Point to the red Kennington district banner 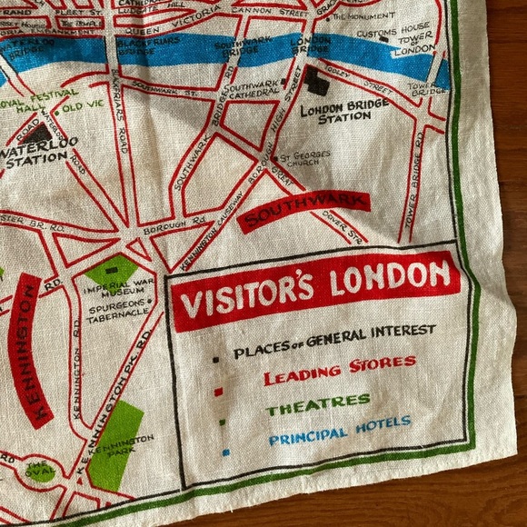[28, 349]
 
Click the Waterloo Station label [40, 150]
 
